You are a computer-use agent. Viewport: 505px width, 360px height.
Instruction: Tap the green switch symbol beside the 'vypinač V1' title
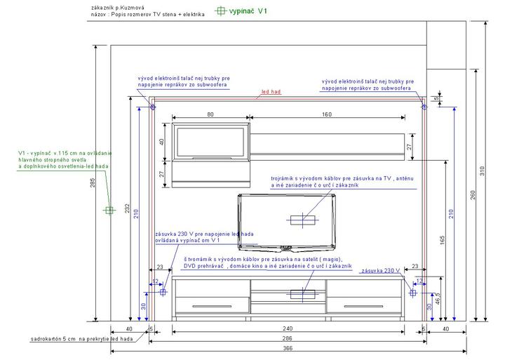click(x=221, y=11)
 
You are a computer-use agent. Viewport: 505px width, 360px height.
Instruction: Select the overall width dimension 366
click(x=288, y=348)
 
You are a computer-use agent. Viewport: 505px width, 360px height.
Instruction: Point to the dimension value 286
click(x=288, y=338)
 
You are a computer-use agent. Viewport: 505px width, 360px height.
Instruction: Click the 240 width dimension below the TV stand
click(x=288, y=328)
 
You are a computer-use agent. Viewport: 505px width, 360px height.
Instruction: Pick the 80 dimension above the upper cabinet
click(x=210, y=114)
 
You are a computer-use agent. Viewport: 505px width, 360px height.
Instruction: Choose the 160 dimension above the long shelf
click(x=327, y=114)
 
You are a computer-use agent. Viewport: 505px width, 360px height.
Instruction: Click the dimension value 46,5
click(x=436, y=297)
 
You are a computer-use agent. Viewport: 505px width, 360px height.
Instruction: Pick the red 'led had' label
click(x=271, y=92)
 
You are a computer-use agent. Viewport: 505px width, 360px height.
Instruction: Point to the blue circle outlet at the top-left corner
click(x=153, y=107)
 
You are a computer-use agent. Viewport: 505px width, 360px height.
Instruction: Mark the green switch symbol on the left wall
click(x=109, y=210)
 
